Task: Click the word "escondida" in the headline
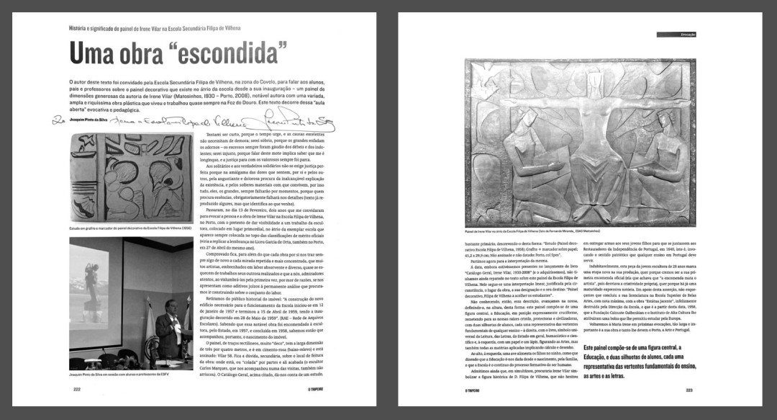click(219, 54)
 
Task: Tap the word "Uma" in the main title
click(92, 54)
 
